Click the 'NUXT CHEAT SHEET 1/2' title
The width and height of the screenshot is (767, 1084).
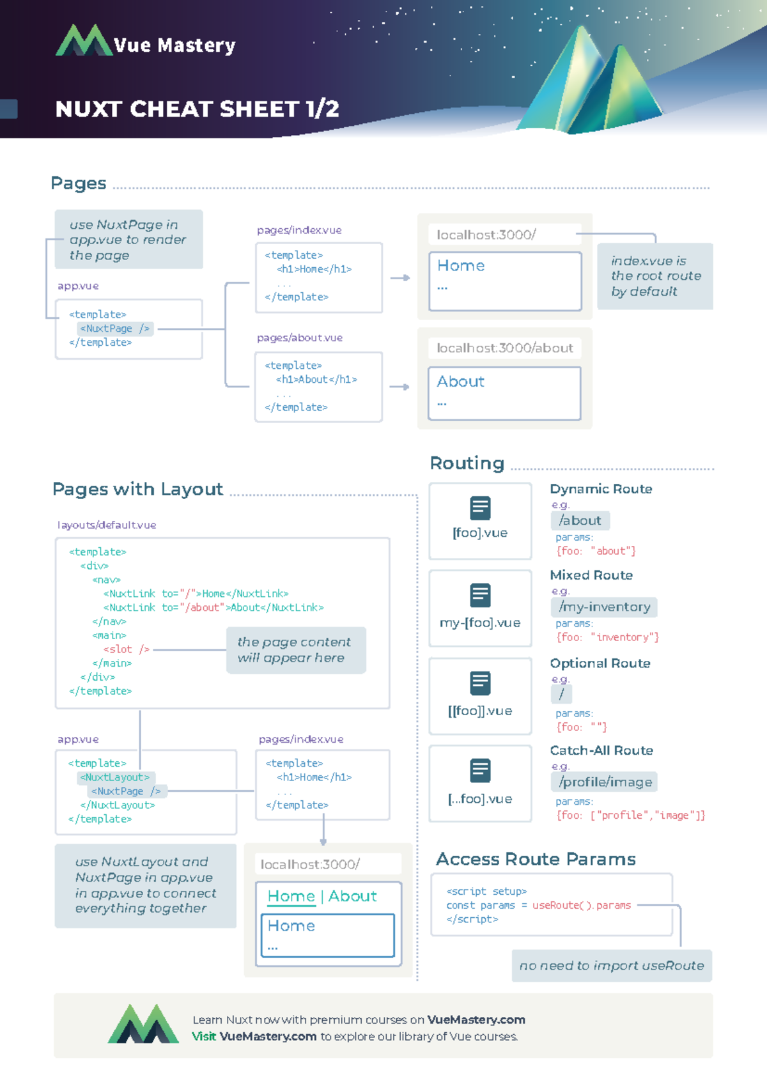click(197, 109)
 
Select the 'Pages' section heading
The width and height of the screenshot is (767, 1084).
click(78, 183)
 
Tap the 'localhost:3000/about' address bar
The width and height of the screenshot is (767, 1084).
click(504, 348)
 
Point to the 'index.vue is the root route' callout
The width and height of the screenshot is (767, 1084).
click(655, 276)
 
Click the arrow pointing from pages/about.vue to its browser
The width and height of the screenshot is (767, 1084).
click(399, 387)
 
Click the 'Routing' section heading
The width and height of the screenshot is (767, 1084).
click(467, 463)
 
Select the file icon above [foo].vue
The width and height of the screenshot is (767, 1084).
click(480, 508)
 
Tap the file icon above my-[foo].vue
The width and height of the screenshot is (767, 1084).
click(480, 595)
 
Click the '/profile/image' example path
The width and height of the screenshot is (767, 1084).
click(605, 782)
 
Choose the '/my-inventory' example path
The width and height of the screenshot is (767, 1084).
click(604, 607)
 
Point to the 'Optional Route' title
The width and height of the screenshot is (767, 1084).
click(600, 663)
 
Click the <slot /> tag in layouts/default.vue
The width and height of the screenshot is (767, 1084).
click(127, 649)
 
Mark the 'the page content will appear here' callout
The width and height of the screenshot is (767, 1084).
click(296, 650)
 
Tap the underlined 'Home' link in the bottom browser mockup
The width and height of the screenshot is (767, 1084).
click(291, 896)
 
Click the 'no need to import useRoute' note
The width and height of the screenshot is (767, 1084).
click(612, 966)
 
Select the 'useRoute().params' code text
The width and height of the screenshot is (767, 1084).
click(581, 905)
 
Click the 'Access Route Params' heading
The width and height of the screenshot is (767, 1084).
click(536, 859)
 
